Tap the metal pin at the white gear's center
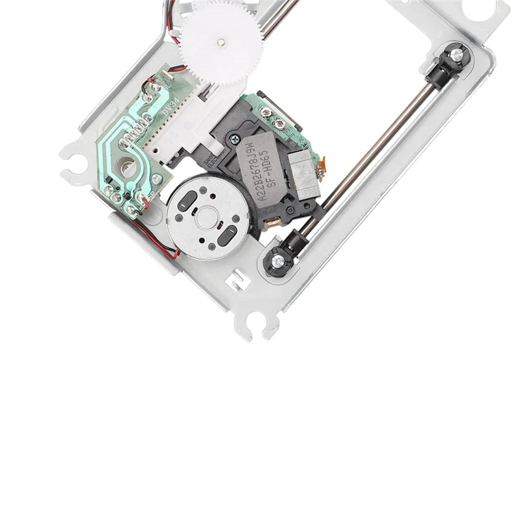[222, 42]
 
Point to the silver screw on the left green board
[156, 178]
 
